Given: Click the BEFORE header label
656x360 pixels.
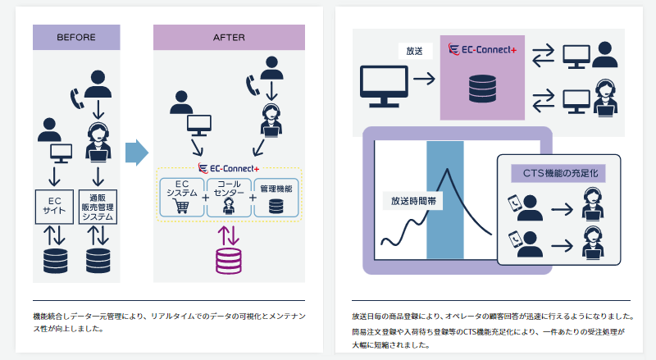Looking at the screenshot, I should (x=76, y=37).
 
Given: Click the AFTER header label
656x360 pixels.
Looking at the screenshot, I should (x=229, y=37).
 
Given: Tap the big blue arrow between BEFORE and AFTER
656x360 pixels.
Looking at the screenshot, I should (x=137, y=153).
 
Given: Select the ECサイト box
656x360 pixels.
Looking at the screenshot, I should (x=54, y=205).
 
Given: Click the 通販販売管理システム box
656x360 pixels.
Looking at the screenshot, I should (x=99, y=205).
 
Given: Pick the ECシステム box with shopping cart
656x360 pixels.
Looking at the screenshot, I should (x=181, y=197).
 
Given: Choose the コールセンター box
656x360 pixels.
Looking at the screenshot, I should (x=229, y=197).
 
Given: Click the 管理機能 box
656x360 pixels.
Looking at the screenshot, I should (x=276, y=197).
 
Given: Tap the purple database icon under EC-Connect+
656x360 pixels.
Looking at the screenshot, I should (x=229, y=260).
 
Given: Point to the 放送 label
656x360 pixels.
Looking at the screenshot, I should (x=415, y=52).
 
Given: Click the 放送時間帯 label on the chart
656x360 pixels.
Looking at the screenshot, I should (x=412, y=200).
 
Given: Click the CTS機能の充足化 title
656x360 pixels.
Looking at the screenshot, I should (x=558, y=173).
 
